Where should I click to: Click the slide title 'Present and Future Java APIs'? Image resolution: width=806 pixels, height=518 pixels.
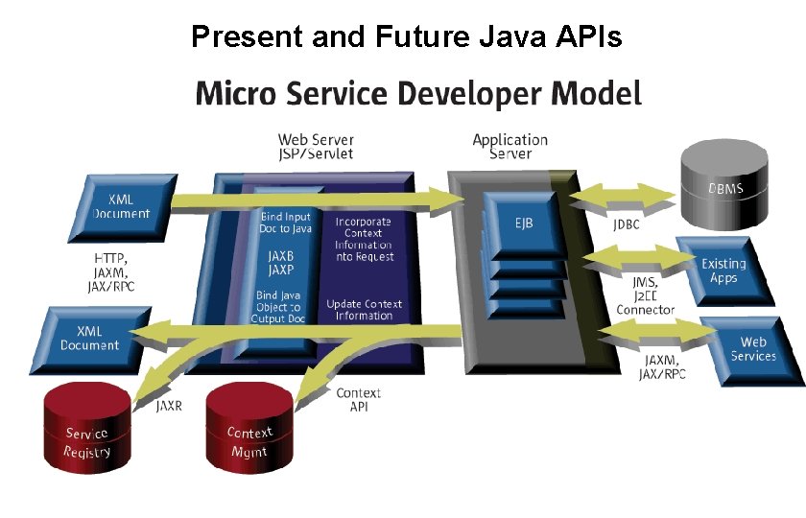tap(407, 36)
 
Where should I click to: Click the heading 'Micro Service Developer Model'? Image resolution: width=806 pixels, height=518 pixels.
tap(418, 94)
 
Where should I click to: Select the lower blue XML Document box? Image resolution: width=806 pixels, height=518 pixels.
tap(90, 337)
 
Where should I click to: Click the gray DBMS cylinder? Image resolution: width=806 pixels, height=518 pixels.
tap(725, 182)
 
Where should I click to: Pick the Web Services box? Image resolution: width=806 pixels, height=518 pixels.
tap(752, 348)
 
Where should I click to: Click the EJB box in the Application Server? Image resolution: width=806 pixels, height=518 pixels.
tap(523, 223)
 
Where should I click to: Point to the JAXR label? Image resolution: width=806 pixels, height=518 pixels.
tap(169, 406)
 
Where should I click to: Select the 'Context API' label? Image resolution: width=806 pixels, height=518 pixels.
tap(358, 399)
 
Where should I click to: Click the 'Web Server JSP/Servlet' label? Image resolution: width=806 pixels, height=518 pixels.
tap(316, 147)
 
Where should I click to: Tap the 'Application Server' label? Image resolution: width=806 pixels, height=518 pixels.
tap(510, 146)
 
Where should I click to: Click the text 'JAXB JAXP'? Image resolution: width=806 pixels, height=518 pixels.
tap(281, 263)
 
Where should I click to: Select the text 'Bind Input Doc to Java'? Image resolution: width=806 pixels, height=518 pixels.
tap(285, 223)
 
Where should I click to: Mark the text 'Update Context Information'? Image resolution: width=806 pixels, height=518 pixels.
tap(364, 310)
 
